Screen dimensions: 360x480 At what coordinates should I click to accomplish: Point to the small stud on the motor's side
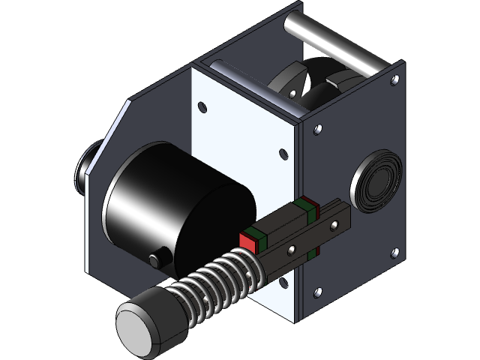pos(155,259)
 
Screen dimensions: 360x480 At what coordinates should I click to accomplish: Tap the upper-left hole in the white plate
pos(202,103)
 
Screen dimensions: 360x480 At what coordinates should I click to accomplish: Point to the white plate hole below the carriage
pos(285,281)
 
